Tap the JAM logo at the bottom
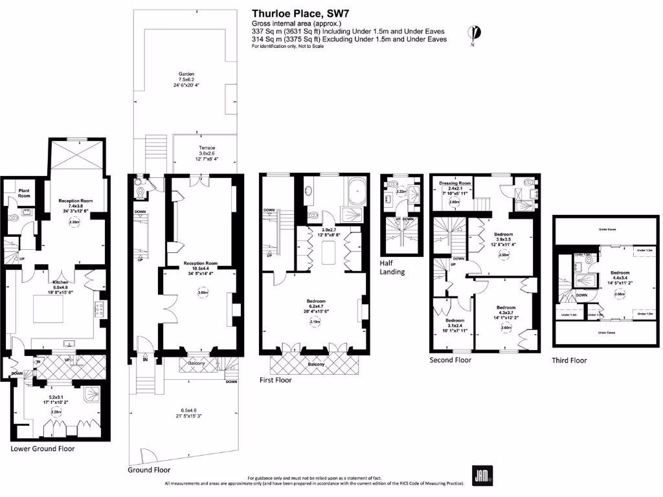481,475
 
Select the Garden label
186,74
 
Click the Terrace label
207,148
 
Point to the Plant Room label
24,192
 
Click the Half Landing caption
392,268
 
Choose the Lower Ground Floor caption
42,448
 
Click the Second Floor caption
451,360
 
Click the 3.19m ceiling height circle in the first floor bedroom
315,322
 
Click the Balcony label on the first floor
316,364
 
